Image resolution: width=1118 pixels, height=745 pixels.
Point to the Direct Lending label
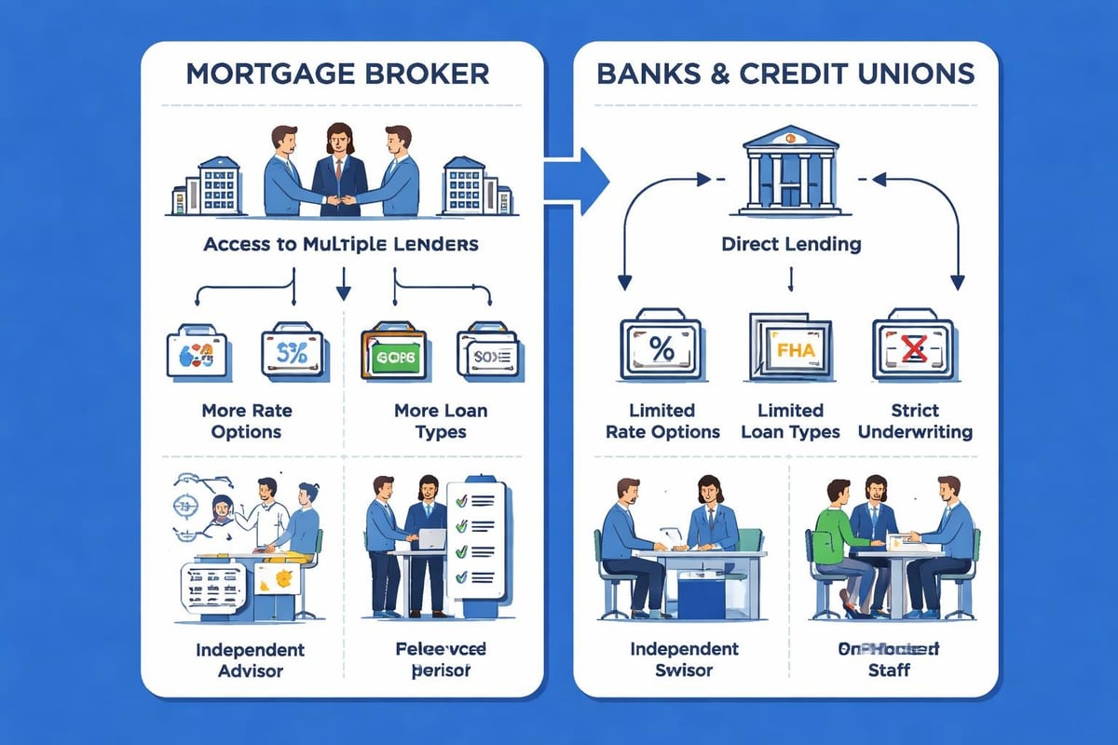(790, 245)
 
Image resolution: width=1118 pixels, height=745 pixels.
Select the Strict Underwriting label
(914, 421)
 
